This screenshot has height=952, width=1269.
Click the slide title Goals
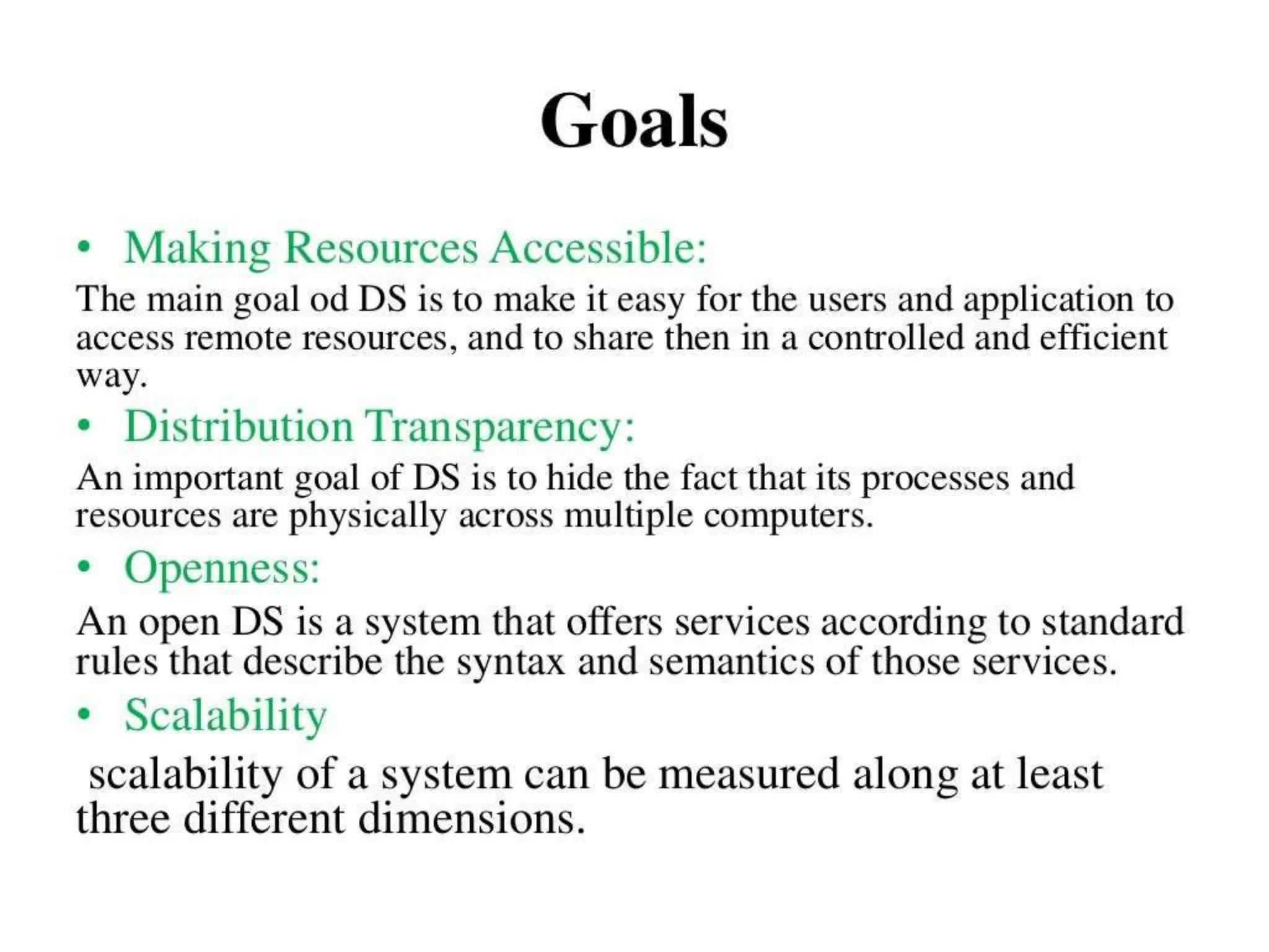634,121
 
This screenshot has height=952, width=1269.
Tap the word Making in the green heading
197,249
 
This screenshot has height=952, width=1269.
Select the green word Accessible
598,249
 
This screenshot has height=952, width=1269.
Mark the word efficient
1103,338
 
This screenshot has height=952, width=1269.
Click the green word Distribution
239,427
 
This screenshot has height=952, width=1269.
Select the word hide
580,478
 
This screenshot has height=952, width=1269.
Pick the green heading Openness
222,568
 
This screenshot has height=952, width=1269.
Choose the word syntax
511,662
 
